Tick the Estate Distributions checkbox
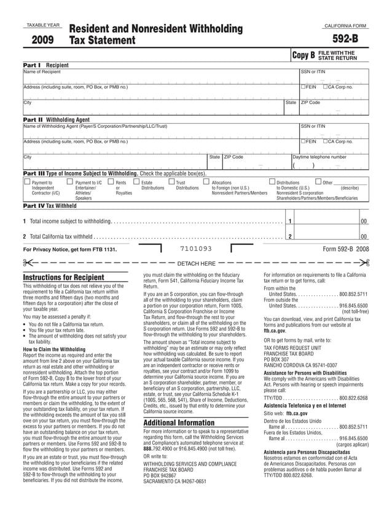[x=136, y=182]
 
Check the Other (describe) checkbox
[x=318, y=182]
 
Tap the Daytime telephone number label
[x=319, y=157]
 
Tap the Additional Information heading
[x=178, y=423]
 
